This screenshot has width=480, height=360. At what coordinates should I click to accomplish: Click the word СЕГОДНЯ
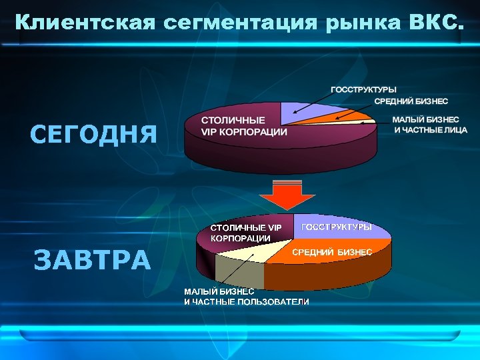click(93, 134)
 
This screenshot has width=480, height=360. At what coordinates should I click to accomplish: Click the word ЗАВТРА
click(93, 259)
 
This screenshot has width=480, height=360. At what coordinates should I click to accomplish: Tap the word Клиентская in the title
click(85, 23)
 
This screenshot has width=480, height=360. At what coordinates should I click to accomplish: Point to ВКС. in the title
click(431, 23)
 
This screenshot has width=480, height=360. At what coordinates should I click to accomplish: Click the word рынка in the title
click(361, 23)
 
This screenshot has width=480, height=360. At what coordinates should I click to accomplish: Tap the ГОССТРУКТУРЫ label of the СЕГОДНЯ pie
click(364, 89)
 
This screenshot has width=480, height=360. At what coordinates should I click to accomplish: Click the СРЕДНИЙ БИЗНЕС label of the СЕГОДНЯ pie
click(411, 101)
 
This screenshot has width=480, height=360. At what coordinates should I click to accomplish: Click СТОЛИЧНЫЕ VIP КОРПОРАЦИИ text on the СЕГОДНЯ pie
click(244, 126)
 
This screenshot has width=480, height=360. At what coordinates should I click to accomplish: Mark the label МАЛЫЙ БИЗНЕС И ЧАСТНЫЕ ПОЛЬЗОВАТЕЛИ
click(246, 297)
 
